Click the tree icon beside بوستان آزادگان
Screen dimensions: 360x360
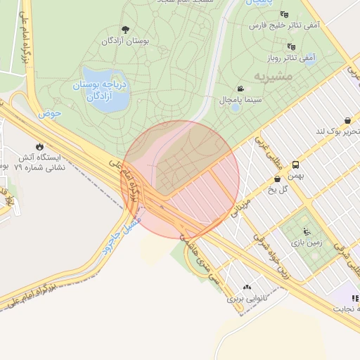[x=125, y=30]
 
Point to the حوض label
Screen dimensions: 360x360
[x=51, y=112]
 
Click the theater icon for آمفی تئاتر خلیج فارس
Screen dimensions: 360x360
[x=284, y=14]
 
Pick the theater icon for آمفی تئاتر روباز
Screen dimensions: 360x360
[x=290, y=46]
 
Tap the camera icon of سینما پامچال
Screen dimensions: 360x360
[x=241, y=89]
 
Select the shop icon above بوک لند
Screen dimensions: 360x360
[x=349, y=120]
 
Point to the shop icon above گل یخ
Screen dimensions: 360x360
[x=278, y=179]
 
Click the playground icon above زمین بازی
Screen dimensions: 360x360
[x=305, y=231]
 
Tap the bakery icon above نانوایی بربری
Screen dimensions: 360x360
[x=247, y=287]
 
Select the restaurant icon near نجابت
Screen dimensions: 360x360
[x=354, y=299]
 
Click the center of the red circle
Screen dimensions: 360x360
[x=181, y=179]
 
